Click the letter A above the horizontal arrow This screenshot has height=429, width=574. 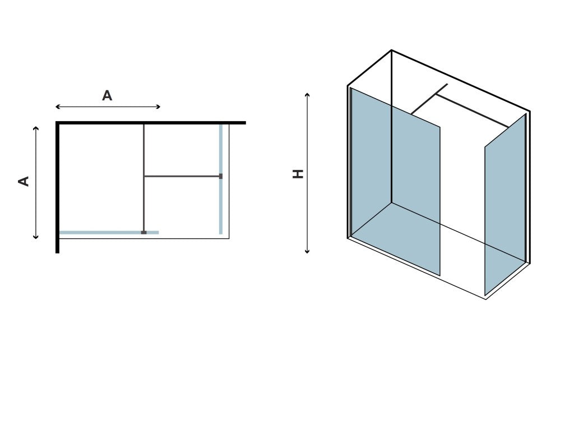point(107,96)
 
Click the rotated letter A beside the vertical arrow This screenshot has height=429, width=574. point(24,181)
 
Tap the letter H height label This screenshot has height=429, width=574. point(298,174)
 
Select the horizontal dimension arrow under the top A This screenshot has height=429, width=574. point(108,107)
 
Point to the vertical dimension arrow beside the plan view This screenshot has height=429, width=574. point(35,182)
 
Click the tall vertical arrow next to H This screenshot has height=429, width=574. point(307,173)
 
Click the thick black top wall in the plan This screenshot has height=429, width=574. point(150,123)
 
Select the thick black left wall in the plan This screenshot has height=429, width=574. point(58,187)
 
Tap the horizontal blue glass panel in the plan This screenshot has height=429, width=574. point(109,233)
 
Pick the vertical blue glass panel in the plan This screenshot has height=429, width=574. point(221,179)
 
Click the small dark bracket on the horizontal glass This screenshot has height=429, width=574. point(144,233)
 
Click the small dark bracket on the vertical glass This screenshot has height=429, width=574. point(221,176)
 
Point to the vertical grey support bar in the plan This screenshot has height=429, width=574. point(144,178)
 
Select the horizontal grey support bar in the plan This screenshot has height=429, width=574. point(182,176)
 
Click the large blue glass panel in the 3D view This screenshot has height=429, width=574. point(396,181)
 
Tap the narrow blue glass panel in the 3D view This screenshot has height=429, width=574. point(506,205)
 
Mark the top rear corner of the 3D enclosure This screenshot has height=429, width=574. point(391,50)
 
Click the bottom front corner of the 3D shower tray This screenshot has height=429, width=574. point(486,299)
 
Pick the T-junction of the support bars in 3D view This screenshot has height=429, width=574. point(436,95)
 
